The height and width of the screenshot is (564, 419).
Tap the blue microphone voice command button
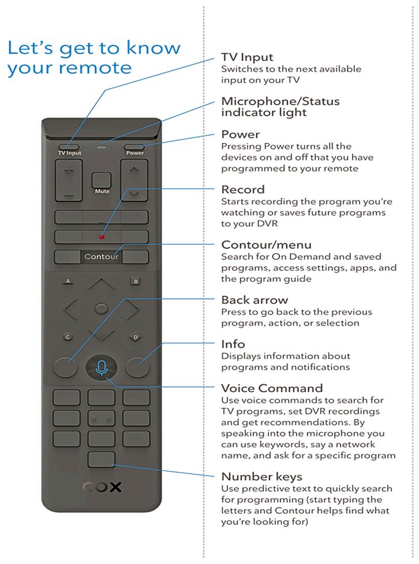click(101, 367)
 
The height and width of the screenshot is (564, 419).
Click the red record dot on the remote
click(101, 236)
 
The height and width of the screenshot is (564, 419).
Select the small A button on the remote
click(68, 281)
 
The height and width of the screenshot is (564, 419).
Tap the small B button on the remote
click(136, 281)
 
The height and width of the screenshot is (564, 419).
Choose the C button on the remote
click(68, 337)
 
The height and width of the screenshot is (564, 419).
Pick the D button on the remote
click(136, 337)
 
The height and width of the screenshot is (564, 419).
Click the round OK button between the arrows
click(101, 309)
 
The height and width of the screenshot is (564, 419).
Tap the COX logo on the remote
click(101, 487)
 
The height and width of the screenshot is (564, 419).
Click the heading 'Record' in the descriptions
click(243, 189)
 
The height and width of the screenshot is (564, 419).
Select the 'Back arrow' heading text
click(255, 300)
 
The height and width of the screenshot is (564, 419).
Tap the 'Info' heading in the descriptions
click(233, 344)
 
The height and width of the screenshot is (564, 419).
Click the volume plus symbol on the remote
click(69, 171)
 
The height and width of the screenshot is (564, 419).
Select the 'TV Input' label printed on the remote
click(69, 153)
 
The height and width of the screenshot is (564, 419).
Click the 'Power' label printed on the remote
click(135, 153)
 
